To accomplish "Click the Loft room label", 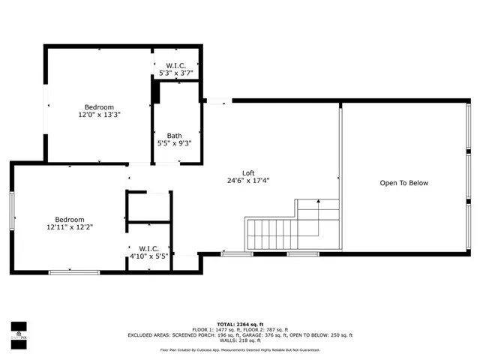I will (x=248, y=172).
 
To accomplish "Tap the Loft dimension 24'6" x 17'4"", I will (x=248, y=181).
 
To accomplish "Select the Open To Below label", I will (x=403, y=183).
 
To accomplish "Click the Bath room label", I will (x=174, y=136).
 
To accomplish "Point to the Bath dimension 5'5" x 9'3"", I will (x=174, y=143).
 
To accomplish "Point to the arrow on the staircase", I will (x=319, y=202).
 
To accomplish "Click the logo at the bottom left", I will (x=18, y=329).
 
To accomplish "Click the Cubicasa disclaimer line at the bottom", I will (x=240, y=349).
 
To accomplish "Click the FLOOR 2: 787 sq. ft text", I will (x=267, y=329).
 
